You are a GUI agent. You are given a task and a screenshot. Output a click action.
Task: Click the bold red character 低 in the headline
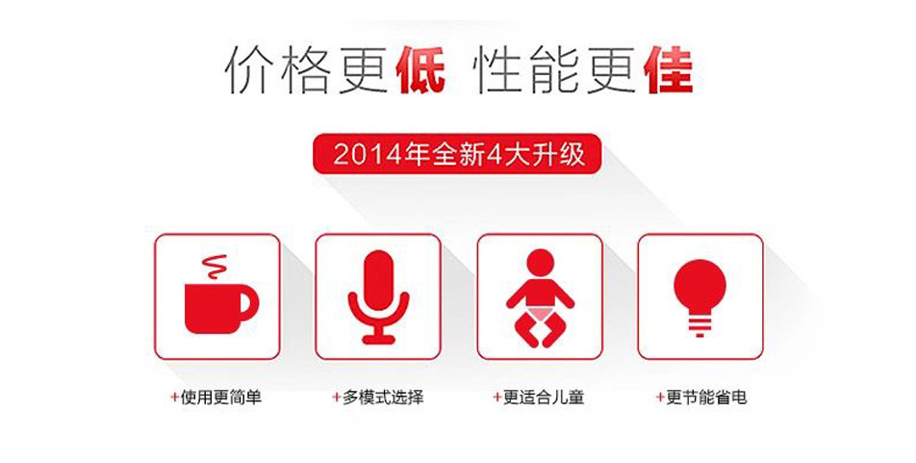(x=420, y=70)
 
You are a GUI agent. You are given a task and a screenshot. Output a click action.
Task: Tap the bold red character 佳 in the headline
(x=669, y=70)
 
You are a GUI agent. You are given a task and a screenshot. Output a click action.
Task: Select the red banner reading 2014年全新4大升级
(x=457, y=154)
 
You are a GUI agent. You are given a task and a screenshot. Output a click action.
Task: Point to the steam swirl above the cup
(x=215, y=268)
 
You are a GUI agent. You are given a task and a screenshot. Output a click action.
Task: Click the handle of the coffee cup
(x=247, y=304)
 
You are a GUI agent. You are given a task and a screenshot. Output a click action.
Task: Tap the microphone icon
(x=378, y=297)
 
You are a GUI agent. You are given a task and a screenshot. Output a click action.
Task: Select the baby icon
(x=540, y=298)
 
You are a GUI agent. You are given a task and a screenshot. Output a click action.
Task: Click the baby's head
(x=540, y=263)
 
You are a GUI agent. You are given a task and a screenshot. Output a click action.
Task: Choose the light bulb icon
(x=700, y=298)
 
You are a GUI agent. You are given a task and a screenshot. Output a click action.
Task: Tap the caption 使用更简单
(x=221, y=398)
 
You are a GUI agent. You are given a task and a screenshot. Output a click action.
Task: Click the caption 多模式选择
(x=383, y=398)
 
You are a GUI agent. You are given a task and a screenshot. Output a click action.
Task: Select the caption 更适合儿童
(x=544, y=398)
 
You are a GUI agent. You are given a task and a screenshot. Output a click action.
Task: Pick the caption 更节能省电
(x=706, y=398)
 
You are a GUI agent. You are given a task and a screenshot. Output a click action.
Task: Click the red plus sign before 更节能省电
(x=659, y=398)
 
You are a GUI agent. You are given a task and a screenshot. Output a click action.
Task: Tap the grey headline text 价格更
(x=304, y=70)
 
